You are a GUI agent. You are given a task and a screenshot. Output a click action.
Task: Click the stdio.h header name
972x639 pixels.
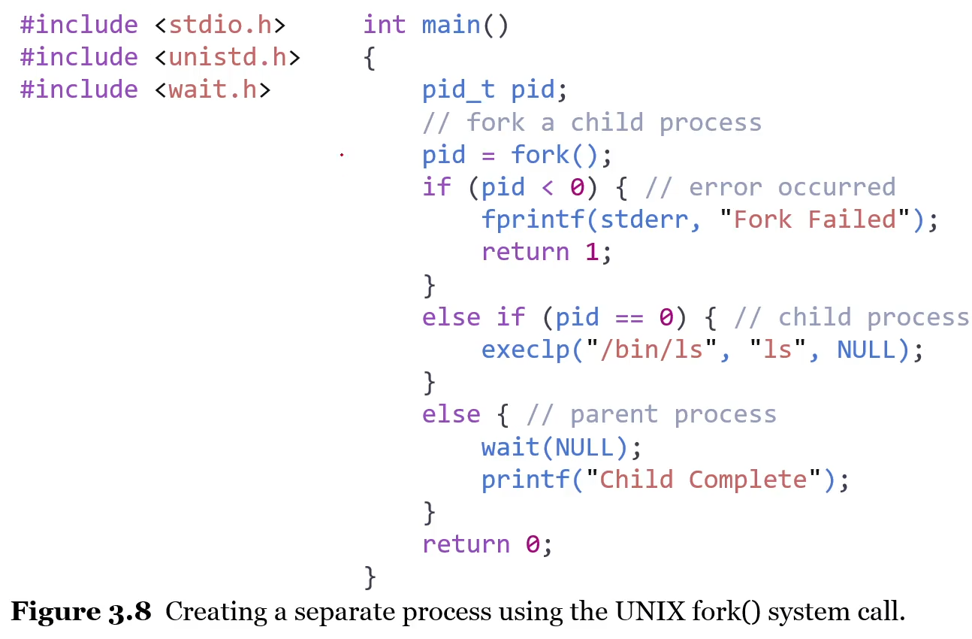219,25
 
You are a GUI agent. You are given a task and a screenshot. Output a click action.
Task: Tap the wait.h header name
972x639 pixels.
212,89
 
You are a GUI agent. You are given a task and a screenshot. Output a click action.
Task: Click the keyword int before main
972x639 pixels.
385,25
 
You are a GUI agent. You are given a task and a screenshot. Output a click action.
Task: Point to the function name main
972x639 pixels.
451,25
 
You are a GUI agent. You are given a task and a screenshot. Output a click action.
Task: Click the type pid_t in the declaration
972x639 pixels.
458,90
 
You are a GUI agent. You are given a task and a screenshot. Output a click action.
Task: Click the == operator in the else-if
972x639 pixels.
629,317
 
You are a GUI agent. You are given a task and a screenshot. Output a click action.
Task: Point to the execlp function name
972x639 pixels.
525,350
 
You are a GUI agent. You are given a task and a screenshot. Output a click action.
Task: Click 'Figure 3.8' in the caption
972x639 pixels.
81,612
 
